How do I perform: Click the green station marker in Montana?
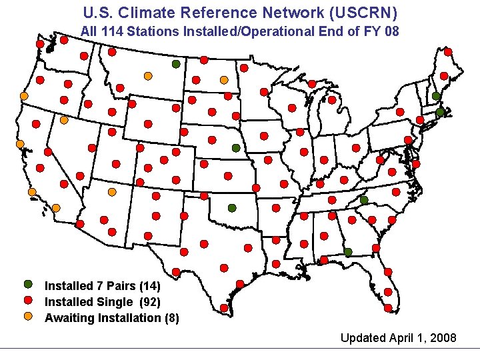[x=175, y=64]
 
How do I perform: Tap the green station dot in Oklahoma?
[x=231, y=208]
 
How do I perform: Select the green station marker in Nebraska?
[x=235, y=148]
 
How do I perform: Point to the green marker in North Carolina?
[x=364, y=200]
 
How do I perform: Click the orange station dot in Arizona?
[x=112, y=192]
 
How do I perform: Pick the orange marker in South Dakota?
[x=224, y=80]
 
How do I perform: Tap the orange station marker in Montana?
[x=148, y=76]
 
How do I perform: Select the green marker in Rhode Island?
[x=439, y=113]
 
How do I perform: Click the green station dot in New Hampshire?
[x=435, y=96]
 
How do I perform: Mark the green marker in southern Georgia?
[x=348, y=251]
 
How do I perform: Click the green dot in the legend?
[x=28, y=285]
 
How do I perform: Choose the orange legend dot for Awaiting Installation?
[x=28, y=317]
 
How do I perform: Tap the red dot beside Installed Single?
[x=28, y=301]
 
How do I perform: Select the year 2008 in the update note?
[x=443, y=338]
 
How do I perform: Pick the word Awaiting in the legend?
[x=69, y=318]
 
